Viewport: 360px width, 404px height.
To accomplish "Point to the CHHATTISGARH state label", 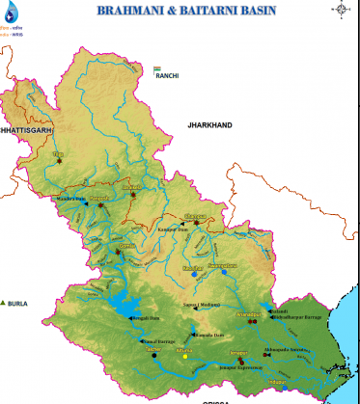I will pos(24,127).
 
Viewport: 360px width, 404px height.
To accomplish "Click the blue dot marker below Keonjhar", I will pos(194,275).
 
